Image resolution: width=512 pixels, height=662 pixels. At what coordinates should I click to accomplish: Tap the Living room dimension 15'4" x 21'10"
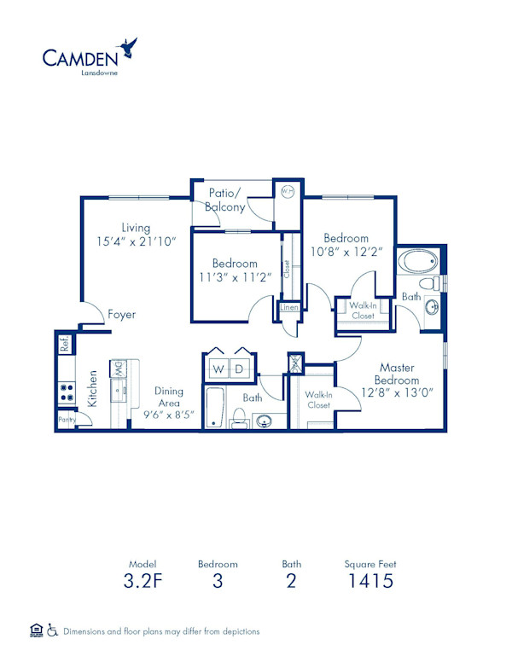tap(136, 241)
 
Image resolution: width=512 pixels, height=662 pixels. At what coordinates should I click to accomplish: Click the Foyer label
tap(121, 315)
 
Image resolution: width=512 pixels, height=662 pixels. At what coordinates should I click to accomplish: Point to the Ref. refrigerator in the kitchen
tap(64, 344)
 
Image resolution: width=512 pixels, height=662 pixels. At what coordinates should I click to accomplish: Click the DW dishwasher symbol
tap(118, 369)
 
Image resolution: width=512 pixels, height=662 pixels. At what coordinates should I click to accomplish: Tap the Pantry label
tap(66, 420)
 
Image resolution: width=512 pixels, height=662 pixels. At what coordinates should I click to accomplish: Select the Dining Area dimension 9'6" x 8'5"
tap(169, 415)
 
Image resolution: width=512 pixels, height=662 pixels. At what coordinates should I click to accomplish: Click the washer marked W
tap(218, 369)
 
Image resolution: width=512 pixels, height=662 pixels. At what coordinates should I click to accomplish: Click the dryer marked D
tap(240, 369)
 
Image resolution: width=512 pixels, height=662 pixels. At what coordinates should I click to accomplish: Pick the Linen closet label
tap(289, 307)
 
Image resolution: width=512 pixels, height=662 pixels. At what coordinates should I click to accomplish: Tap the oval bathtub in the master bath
tap(419, 261)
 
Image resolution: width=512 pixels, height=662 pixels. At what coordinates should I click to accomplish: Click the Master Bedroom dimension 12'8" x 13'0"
tap(398, 392)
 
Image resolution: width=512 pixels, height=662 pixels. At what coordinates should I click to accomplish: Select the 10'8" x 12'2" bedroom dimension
tap(346, 252)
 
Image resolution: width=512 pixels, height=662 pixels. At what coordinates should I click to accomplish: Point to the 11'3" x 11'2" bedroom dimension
tap(235, 276)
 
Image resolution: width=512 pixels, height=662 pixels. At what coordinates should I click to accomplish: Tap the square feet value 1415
tap(369, 582)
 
